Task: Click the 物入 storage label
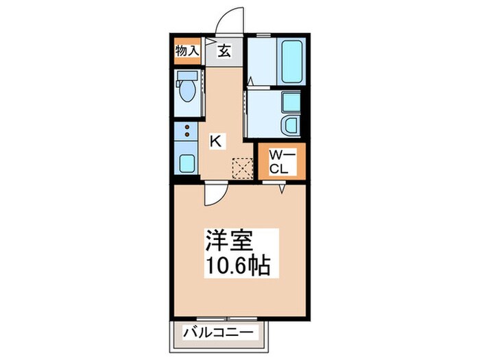[x=187, y=51]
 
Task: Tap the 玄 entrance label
[x=224, y=51]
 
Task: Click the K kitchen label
[x=216, y=141]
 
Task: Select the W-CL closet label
[x=283, y=163]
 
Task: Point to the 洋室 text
[x=228, y=240]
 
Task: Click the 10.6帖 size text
[x=239, y=265]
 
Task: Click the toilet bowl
[x=187, y=91]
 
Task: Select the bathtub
[x=291, y=62]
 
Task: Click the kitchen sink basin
[x=187, y=163]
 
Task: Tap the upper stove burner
[x=187, y=127]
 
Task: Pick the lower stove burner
[x=187, y=134]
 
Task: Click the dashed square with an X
[x=242, y=169]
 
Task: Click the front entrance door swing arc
[x=225, y=14]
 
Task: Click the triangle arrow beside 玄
[x=210, y=41]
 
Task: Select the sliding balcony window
[x=227, y=319]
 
